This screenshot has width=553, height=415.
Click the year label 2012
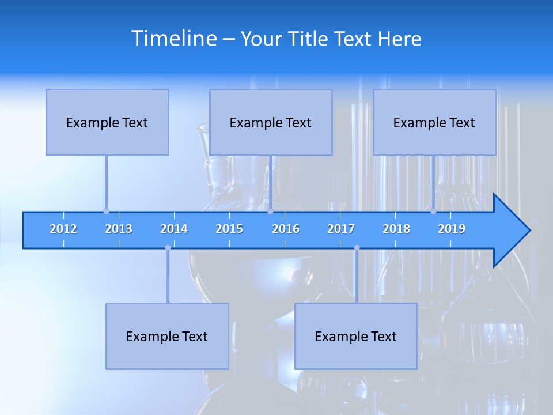pyautogui.click(x=63, y=229)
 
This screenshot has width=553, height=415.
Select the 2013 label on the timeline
pyautogui.click(x=119, y=229)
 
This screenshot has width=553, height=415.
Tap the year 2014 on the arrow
pyautogui.click(x=174, y=229)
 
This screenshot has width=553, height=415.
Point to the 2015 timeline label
pyautogui.click(x=229, y=229)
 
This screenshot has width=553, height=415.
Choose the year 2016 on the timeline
pyautogui.click(x=286, y=229)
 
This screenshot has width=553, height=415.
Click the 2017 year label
pyautogui.click(x=341, y=229)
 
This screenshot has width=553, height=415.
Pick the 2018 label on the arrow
pyautogui.click(x=396, y=229)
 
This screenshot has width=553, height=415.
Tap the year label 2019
pyautogui.click(x=452, y=229)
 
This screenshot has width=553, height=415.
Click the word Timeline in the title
pyautogui.click(x=173, y=39)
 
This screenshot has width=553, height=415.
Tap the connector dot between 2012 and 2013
pyautogui.click(x=106, y=211)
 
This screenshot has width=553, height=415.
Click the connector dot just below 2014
pyautogui.click(x=168, y=247)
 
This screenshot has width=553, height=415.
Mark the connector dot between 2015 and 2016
pyautogui.click(x=270, y=211)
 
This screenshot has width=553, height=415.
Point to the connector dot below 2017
pyautogui.click(x=357, y=247)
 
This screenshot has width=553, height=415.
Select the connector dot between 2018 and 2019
pyautogui.click(x=433, y=211)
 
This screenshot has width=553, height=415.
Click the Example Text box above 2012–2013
pyautogui.click(x=107, y=122)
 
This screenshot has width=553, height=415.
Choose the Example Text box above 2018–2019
pyautogui.click(x=434, y=122)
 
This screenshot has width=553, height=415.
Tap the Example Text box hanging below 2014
pyautogui.click(x=167, y=336)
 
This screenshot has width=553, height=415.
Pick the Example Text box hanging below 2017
pyautogui.click(x=356, y=336)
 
